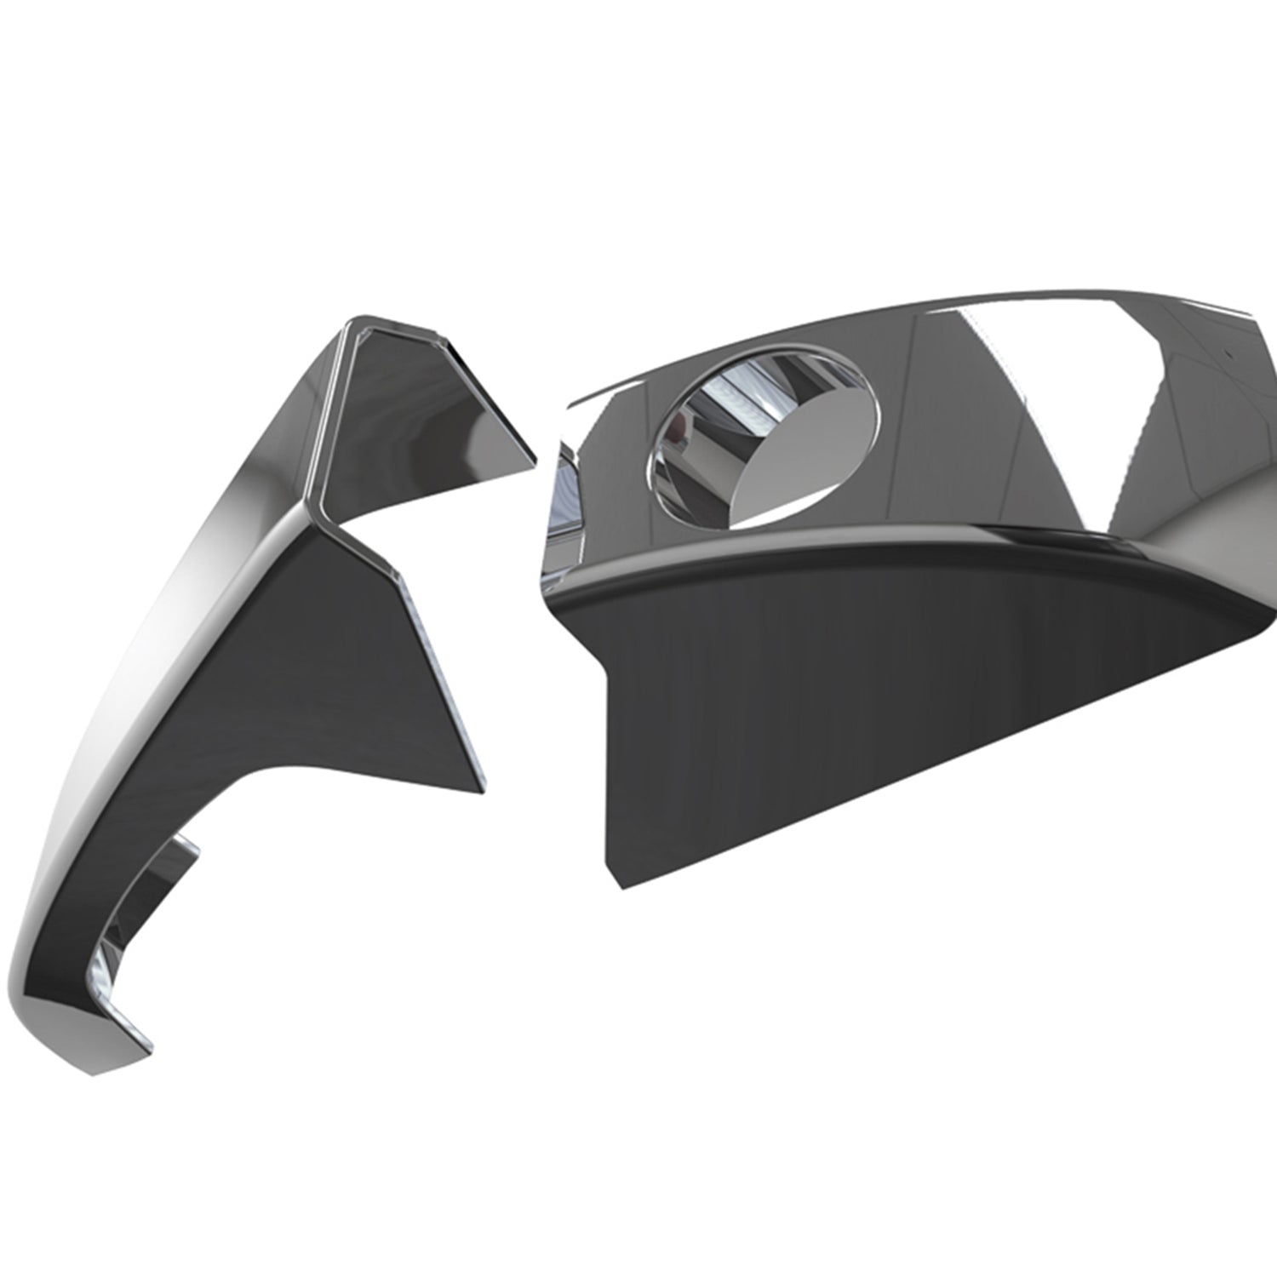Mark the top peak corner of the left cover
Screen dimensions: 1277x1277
click(x=353, y=321)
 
